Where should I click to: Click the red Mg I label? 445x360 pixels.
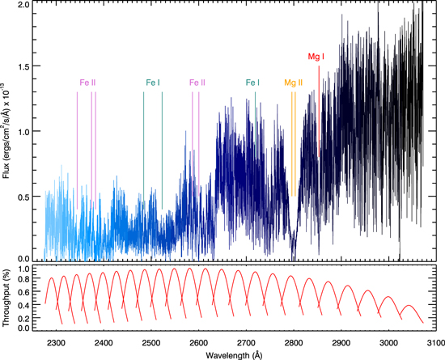(x=318, y=57)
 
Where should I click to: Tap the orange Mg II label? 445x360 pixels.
(x=293, y=83)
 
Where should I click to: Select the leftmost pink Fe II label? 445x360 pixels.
(x=87, y=83)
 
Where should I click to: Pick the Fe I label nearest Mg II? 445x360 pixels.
(x=253, y=83)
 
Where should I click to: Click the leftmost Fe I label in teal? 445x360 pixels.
(x=153, y=83)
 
